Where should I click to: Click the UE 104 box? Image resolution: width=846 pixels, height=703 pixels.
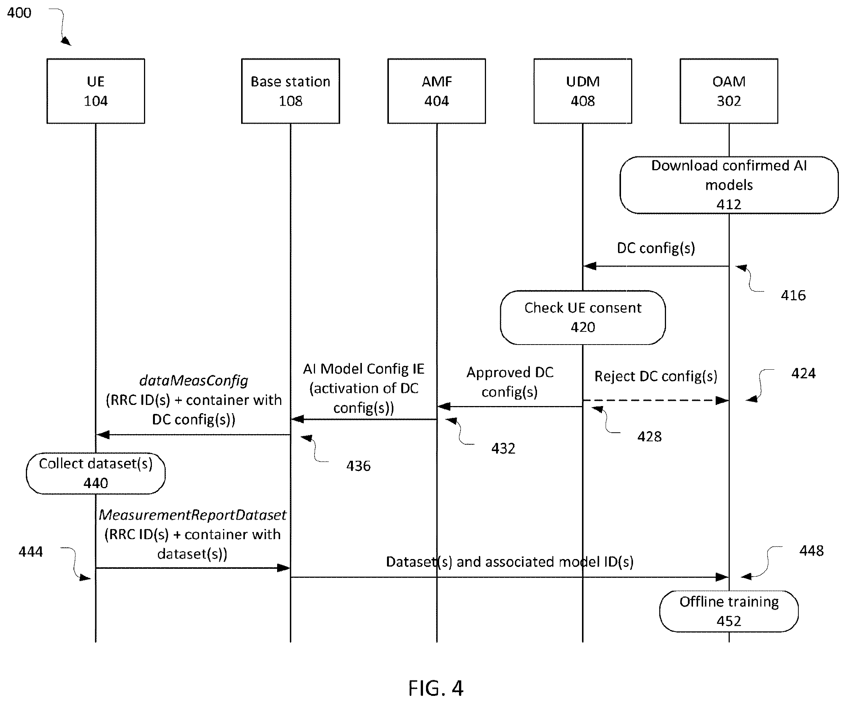point(96,91)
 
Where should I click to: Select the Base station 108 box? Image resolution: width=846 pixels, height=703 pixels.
point(291,91)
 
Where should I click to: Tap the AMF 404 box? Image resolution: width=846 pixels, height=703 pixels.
point(437,91)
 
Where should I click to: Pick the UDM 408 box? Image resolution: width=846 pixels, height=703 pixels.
point(582,91)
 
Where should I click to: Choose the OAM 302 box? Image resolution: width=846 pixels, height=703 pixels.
point(729,91)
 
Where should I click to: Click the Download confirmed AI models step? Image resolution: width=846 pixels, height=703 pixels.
point(729,185)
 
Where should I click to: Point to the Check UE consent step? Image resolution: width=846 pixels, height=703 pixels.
point(582,318)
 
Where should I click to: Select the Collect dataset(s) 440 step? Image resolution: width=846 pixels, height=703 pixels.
point(96,474)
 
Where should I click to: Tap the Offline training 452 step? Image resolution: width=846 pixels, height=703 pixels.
point(729,611)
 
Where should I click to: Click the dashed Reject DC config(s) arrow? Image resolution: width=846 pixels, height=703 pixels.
point(656,400)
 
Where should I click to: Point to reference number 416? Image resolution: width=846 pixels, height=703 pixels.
point(793,295)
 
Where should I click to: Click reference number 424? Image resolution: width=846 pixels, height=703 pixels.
point(803,373)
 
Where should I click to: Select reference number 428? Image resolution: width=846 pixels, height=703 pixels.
point(649,436)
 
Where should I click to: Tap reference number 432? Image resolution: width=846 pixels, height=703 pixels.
point(503,448)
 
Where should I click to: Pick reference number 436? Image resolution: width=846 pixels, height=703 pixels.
point(358,466)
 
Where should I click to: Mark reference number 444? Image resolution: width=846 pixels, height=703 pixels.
point(31,552)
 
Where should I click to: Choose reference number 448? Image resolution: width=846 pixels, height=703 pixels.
point(811,551)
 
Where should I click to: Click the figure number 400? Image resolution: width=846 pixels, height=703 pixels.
point(19,13)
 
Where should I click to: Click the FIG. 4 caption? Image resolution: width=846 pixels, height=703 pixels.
point(436,688)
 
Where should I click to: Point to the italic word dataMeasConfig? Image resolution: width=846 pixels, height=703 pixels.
point(194,381)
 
